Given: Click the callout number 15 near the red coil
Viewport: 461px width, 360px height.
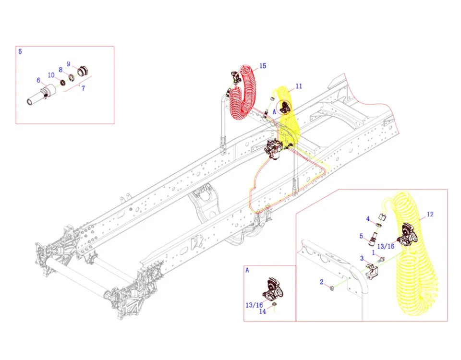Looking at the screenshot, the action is (x=263, y=66).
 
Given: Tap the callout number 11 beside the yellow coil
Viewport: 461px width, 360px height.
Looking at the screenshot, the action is (x=299, y=86).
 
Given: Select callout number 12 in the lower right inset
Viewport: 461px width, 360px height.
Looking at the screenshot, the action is (x=430, y=214).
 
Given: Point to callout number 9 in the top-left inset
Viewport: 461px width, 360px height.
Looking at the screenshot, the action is (x=69, y=64).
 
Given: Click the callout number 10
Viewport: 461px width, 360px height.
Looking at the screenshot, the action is (x=51, y=75).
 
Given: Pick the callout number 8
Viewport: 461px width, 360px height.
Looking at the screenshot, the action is (x=61, y=70).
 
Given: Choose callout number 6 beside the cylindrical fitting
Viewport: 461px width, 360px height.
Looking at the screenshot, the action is (x=38, y=80).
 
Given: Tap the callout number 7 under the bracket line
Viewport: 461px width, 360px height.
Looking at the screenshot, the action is (x=83, y=88).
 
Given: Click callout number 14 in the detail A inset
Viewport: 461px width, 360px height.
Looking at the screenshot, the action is (x=262, y=311).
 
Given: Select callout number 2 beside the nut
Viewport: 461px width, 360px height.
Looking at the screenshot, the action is (x=322, y=282).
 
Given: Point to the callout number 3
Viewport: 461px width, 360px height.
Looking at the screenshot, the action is (x=362, y=258).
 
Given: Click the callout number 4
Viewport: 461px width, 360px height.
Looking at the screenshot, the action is (x=368, y=219).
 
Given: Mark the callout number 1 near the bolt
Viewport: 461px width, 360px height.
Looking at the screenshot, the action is (x=374, y=252).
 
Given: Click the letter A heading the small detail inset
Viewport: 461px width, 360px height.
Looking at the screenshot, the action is (x=247, y=270).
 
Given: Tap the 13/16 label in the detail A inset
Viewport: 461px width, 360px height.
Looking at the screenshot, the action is (x=255, y=305).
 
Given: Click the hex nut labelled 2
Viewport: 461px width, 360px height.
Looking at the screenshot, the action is (x=332, y=288).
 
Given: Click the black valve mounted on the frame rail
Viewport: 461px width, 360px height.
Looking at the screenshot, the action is (x=275, y=149).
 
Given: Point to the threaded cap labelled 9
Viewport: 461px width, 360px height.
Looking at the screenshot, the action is (x=83, y=71).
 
